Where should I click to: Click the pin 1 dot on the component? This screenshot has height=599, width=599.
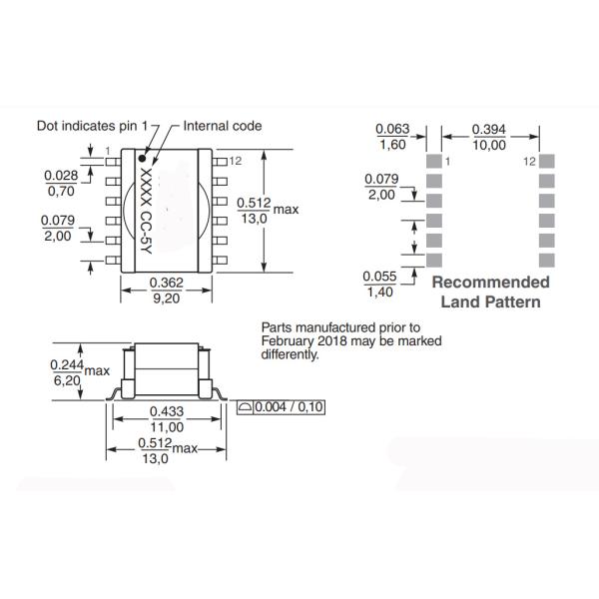[x=144, y=158]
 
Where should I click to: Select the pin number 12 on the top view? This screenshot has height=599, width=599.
[x=236, y=160]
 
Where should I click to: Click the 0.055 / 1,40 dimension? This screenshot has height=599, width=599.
[x=379, y=283]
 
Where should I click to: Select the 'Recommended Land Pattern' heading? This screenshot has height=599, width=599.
[x=490, y=292]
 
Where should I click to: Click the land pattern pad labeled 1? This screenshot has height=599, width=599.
[x=433, y=161]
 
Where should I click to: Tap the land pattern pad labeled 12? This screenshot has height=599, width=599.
[x=545, y=161]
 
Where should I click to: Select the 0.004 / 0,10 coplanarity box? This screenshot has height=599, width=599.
[x=283, y=407]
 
